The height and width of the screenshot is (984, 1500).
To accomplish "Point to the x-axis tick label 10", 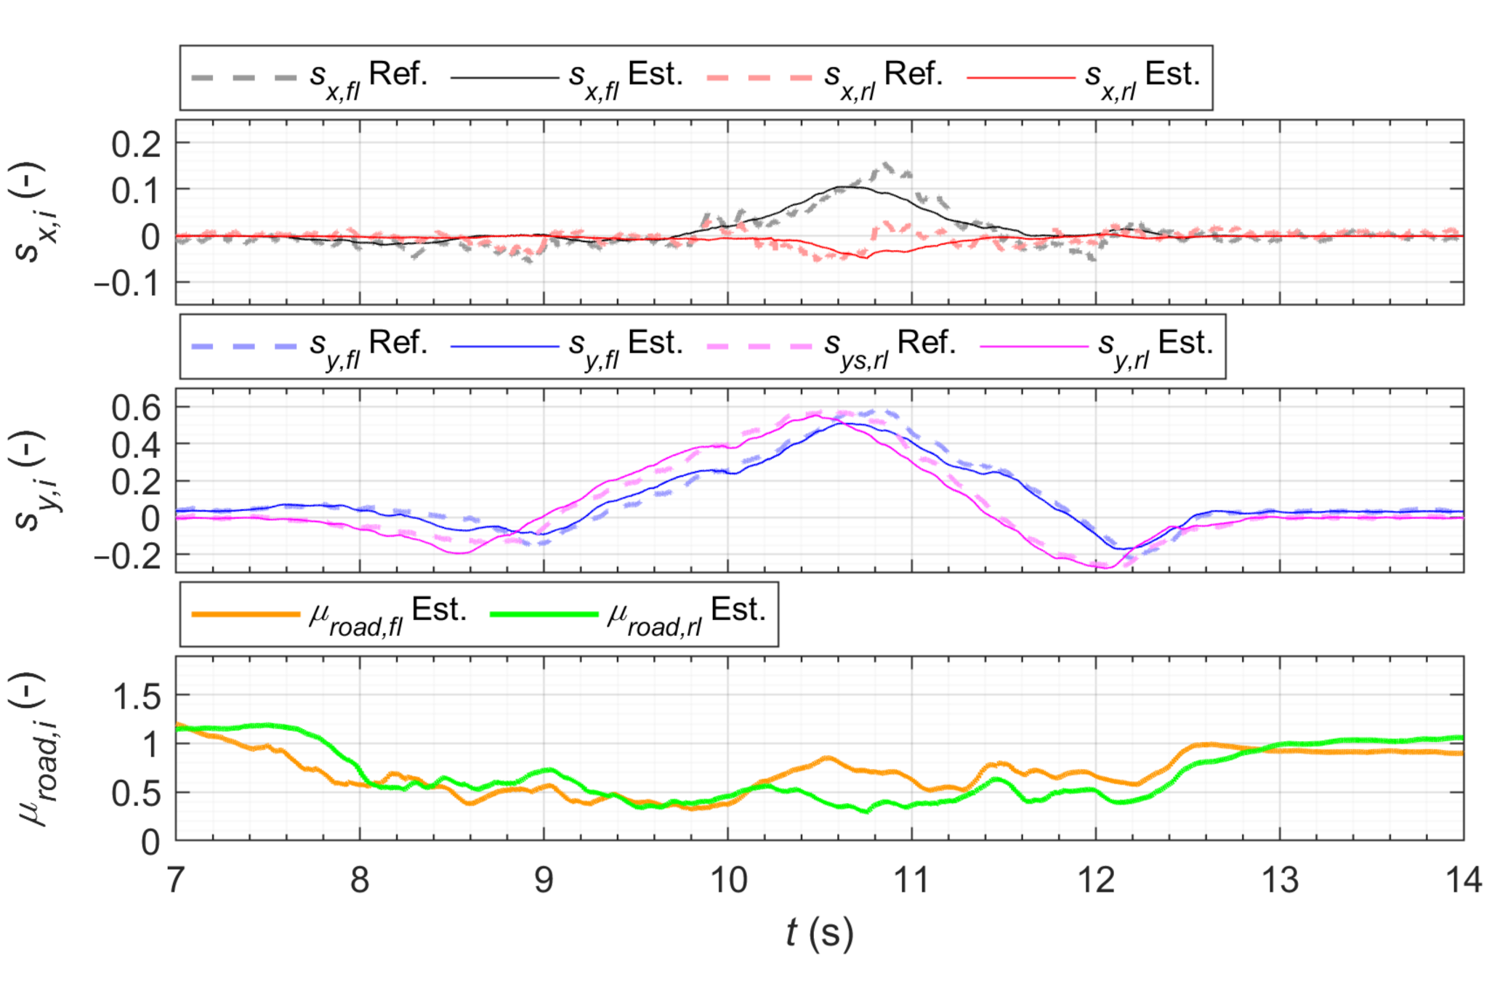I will [x=727, y=880].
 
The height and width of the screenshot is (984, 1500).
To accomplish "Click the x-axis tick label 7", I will [x=176, y=880].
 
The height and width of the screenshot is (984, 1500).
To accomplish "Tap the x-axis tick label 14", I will [x=1462, y=880].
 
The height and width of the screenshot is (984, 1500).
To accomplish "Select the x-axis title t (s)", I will [x=819, y=932].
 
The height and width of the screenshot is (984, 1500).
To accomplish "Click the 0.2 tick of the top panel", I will [x=136, y=145].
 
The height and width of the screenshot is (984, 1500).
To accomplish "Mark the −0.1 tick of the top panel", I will [x=127, y=283].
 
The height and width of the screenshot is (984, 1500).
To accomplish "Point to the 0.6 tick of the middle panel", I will [x=136, y=408].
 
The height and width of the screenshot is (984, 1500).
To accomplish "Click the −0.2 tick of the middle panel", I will [x=127, y=556].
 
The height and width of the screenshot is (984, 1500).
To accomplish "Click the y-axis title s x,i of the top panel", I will [x=29, y=212].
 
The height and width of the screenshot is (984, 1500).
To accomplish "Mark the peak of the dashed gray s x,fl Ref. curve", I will [x=886, y=166].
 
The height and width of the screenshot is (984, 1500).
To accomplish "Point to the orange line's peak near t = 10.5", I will [x=827, y=759].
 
